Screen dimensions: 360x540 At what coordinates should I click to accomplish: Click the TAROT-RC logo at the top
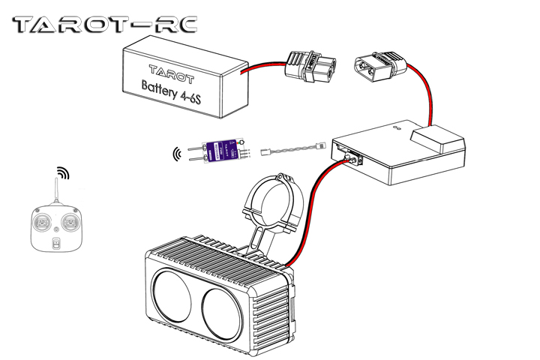[105, 25]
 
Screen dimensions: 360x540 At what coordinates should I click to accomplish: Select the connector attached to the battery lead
[308, 67]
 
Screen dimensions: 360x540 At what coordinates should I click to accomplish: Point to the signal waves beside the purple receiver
[177, 154]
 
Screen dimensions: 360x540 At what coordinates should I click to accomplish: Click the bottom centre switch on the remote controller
[56, 242]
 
